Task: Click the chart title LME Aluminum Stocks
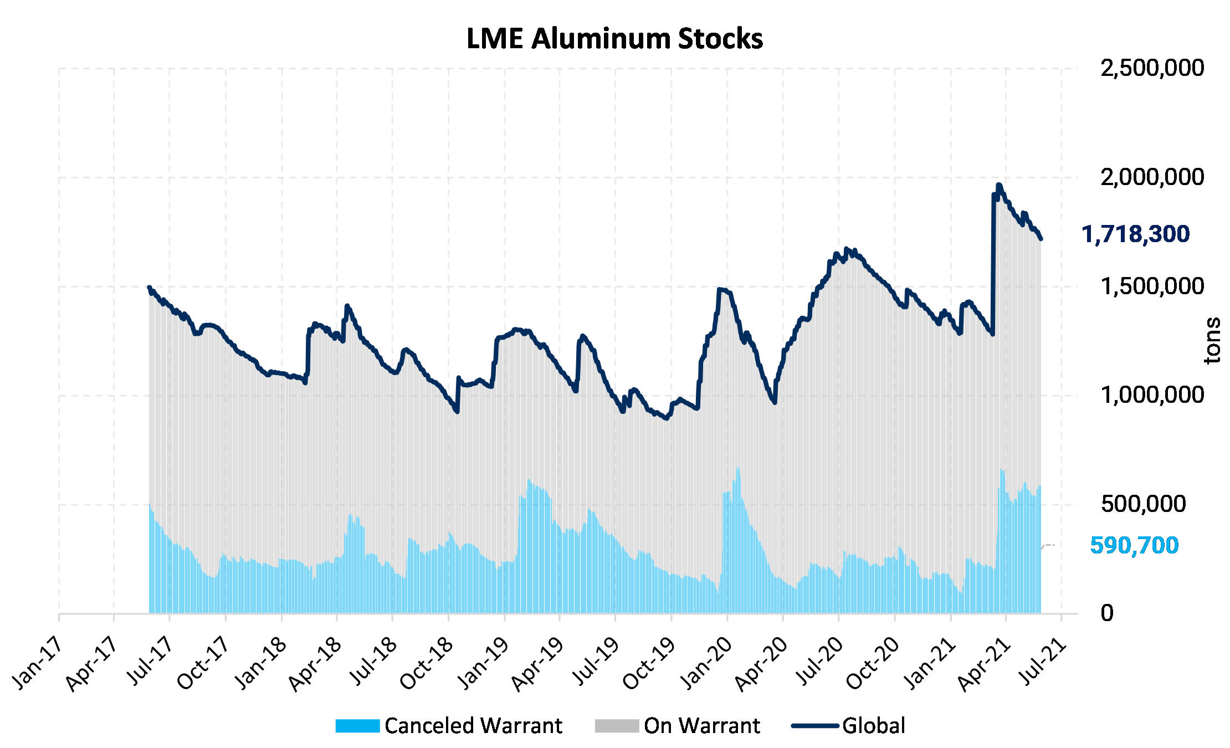point(614,39)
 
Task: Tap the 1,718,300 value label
point(1135,234)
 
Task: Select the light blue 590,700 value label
point(1134,546)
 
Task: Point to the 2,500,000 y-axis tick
point(1152,68)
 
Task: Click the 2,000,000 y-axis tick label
point(1152,177)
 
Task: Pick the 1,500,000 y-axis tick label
point(1152,286)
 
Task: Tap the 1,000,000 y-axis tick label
point(1152,395)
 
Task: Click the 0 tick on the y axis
point(1107,613)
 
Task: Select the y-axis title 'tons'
point(1212,340)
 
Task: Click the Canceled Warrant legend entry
point(449,726)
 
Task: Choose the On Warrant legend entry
point(678,726)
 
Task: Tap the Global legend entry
point(848,726)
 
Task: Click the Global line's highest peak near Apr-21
point(998,185)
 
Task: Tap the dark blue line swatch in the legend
point(814,726)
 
